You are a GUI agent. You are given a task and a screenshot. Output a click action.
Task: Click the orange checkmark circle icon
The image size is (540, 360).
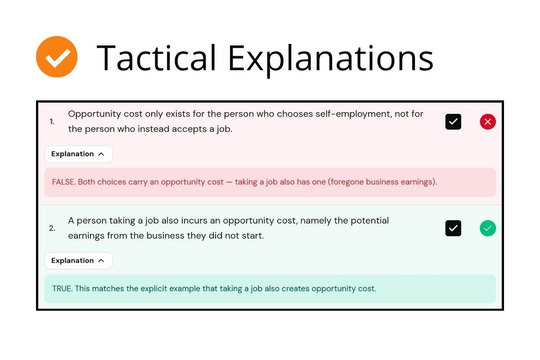pos(57,57)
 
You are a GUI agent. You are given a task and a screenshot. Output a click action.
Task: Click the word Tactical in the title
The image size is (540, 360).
pos(156,58)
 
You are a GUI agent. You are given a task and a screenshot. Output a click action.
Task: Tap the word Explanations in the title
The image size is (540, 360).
pos(331,60)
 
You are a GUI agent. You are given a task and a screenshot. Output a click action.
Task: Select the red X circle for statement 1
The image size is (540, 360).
pos(488,122)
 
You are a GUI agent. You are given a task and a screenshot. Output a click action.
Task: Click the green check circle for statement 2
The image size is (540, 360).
pos(488,228)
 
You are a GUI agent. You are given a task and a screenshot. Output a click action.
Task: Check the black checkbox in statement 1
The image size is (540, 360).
pos(453,122)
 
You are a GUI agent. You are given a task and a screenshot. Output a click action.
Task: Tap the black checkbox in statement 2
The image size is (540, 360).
pos(453,228)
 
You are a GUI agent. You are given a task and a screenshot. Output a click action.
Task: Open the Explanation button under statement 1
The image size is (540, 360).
pos(78,154)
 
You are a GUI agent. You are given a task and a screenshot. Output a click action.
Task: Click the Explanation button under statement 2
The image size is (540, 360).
pos(78,261)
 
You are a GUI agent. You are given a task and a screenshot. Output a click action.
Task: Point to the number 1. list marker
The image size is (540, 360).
pos(52,121)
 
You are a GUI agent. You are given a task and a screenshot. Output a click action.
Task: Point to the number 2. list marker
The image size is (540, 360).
pos(52,228)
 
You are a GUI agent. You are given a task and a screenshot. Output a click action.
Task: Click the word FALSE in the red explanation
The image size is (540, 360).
pos(64,182)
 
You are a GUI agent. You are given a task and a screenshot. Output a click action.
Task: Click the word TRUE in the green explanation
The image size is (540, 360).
pos(62,288)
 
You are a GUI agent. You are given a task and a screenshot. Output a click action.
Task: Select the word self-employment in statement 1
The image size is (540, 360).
pos(354,114)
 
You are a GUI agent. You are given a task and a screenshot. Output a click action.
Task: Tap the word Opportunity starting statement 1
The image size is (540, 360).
pos(94,114)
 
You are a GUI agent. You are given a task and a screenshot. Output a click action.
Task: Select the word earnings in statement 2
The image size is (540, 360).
pos(86,236)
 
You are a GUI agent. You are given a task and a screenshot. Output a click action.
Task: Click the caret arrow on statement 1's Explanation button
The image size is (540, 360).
pos(101,154)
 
